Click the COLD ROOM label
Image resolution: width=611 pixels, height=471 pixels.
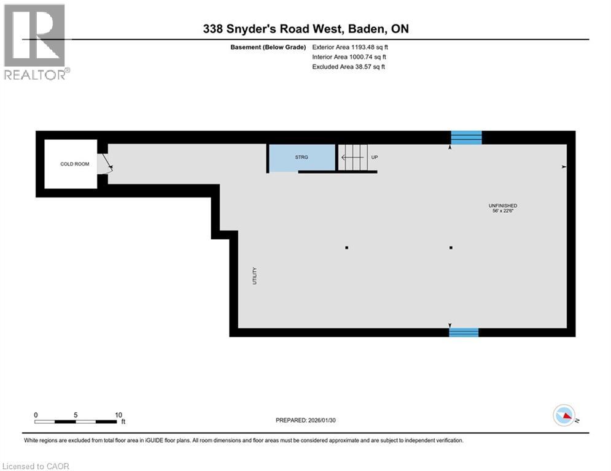coord(74,164)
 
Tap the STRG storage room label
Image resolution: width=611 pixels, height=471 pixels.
coord(302,158)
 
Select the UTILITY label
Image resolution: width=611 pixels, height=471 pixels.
coord(254,275)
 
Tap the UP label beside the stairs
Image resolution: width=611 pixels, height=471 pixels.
coord(374,158)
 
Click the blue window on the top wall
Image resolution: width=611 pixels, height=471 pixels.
coord(466,137)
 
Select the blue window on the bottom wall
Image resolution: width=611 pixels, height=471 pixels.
coord(464,332)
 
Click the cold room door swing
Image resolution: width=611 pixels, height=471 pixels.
coord(107,163)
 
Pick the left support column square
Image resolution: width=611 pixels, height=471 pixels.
coord(347,248)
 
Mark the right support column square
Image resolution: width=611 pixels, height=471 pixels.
coord(451,248)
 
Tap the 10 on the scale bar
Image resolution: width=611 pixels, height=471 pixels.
coord(119,415)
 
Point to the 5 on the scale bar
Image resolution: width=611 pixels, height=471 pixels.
coord(76,415)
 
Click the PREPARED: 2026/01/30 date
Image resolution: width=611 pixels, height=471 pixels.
coord(306,420)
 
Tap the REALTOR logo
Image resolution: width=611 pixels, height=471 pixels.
coord(35,41)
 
